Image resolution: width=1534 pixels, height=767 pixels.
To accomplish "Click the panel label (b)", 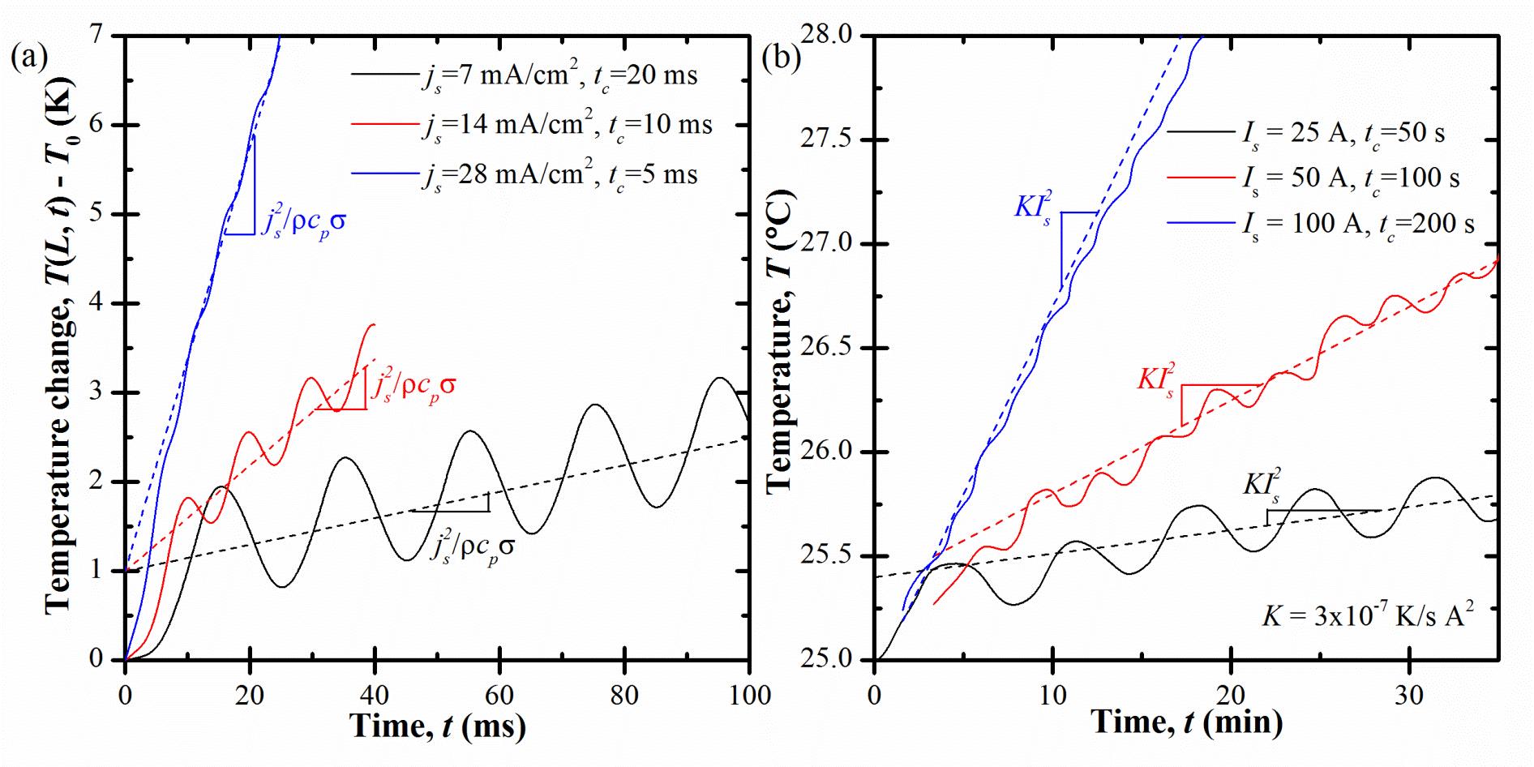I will [x=781, y=58].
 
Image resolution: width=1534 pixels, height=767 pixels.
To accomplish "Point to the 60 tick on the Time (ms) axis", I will [x=499, y=695].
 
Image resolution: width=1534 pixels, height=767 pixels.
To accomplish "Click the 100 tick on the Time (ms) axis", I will [x=749, y=695].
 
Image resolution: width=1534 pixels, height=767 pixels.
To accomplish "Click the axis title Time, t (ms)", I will [x=438, y=726].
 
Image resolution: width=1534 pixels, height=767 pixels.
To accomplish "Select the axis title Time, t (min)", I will [x=1186, y=722].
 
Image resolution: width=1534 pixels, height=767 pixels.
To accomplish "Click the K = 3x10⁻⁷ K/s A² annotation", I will [x=1366, y=616].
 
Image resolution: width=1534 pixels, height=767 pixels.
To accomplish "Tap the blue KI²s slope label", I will [x=1033, y=207].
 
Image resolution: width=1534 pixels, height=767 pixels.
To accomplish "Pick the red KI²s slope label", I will [x=1155, y=379].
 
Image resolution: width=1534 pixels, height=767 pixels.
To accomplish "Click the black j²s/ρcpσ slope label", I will [x=472, y=548].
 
